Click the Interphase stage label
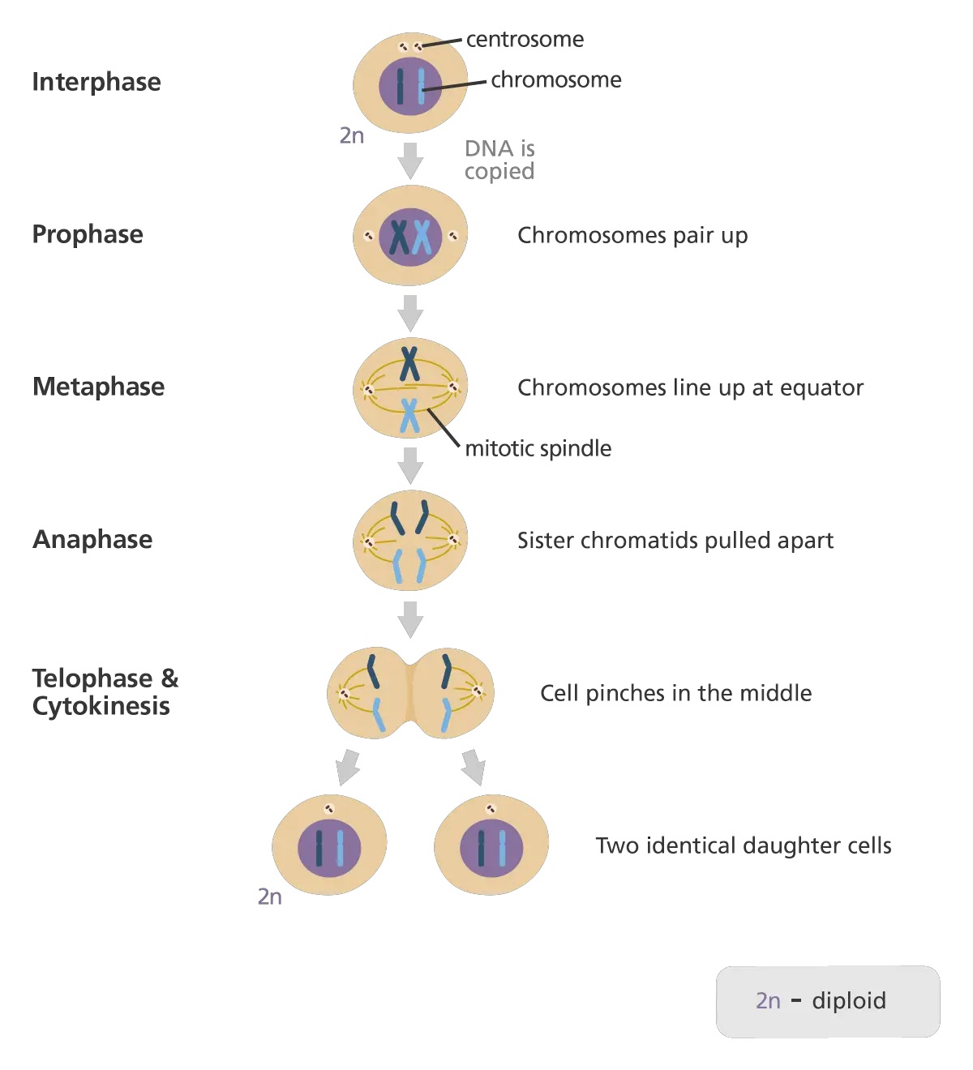(x=96, y=82)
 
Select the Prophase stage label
(x=88, y=234)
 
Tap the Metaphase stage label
(x=98, y=387)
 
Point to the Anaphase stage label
(x=92, y=539)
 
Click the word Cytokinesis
(x=101, y=706)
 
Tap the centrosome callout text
(x=525, y=39)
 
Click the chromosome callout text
(x=556, y=79)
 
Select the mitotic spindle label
(x=538, y=448)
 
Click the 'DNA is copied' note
(x=499, y=160)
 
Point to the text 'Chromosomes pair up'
(x=632, y=235)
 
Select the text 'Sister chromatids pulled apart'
(x=675, y=540)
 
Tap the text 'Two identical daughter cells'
(x=744, y=845)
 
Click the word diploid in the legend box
(x=849, y=1000)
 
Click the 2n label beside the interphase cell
(x=352, y=135)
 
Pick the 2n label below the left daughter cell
(x=270, y=897)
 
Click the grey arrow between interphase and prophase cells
(x=411, y=160)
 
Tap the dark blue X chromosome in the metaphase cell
(x=410, y=364)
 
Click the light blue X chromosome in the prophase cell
(x=421, y=237)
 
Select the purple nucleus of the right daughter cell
(x=491, y=848)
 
